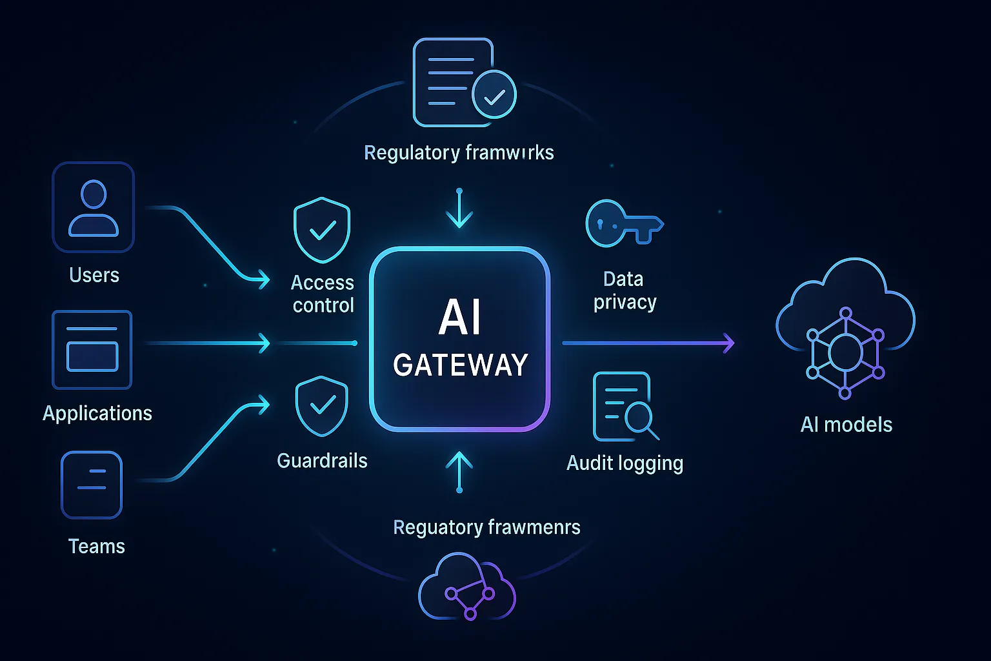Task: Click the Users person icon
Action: point(94,207)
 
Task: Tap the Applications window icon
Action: point(92,350)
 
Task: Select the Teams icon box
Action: point(92,485)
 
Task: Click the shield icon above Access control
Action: point(322,230)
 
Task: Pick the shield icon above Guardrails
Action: point(321,406)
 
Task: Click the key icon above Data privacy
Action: point(623,223)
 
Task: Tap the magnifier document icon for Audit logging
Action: point(624,407)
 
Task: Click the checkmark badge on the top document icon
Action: point(494,96)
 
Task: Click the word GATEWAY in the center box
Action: point(461,365)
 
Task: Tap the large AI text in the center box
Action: point(460,318)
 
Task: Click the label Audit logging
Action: point(625,463)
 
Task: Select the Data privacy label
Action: point(625,290)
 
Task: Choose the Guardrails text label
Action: point(322,460)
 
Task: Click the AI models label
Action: point(846,424)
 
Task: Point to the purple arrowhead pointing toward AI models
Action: point(728,343)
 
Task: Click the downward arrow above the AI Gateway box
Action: point(459,210)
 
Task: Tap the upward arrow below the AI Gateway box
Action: point(459,471)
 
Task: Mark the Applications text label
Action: point(97,413)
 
